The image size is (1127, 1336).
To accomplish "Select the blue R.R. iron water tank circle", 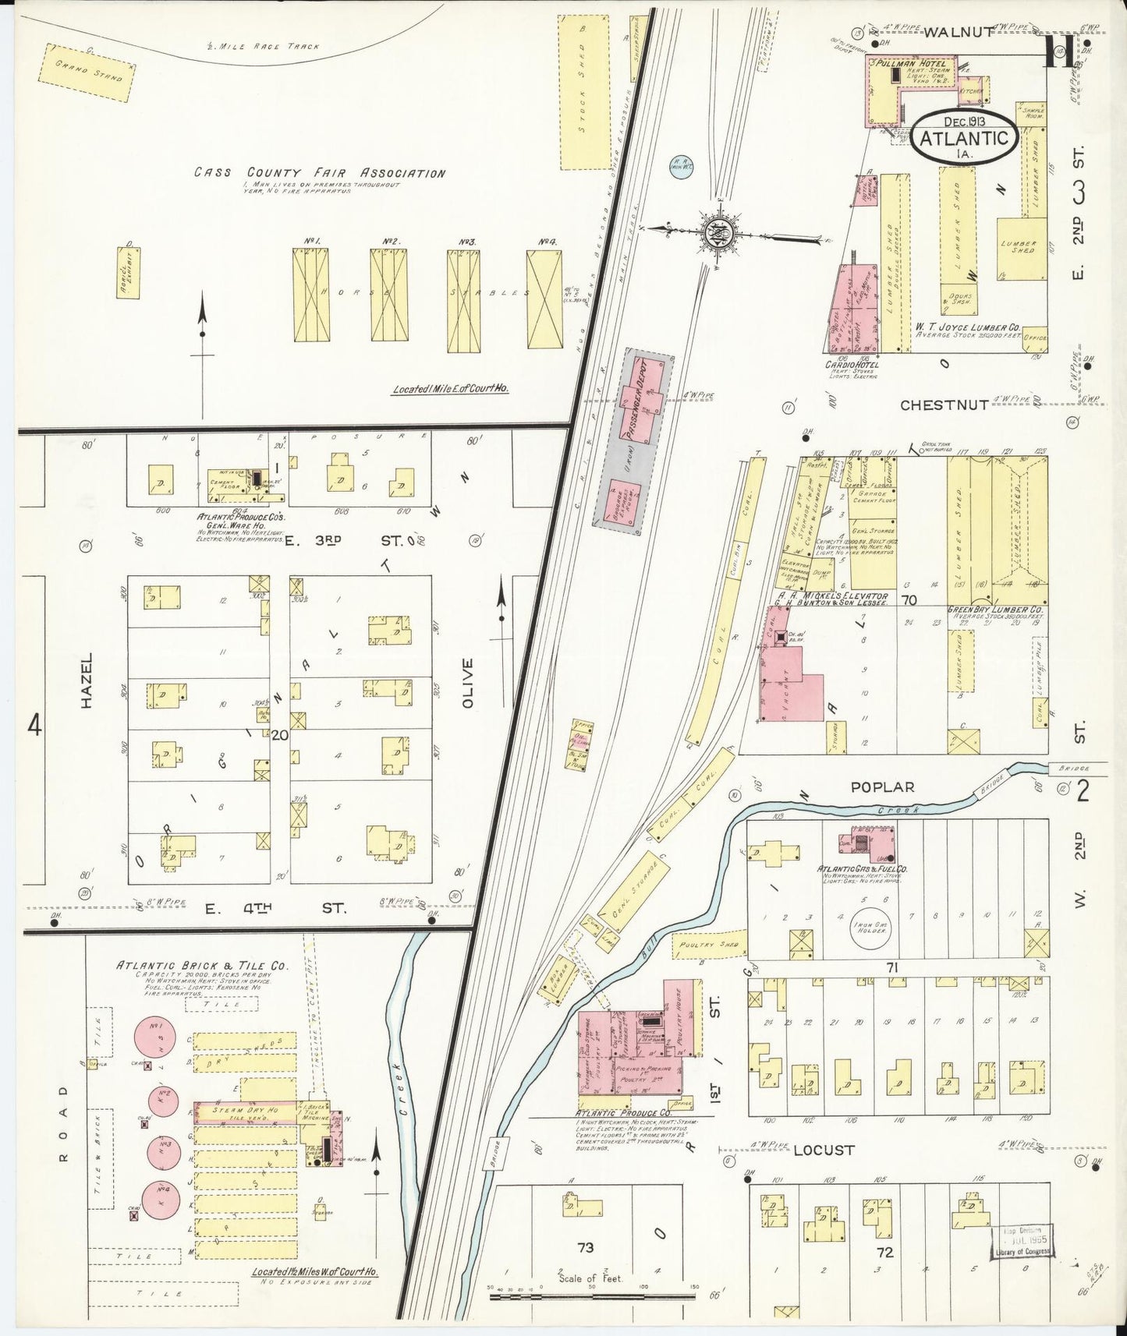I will click(x=681, y=166).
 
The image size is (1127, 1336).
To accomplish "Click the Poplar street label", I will click(x=881, y=788).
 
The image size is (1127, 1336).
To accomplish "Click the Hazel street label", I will click(x=87, y=681).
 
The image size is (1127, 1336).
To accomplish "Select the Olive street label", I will click(x=467, y=683).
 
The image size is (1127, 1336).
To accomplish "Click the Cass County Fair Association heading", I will click(x=320, y=173).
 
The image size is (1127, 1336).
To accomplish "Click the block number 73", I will click(x=585, y=1248).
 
